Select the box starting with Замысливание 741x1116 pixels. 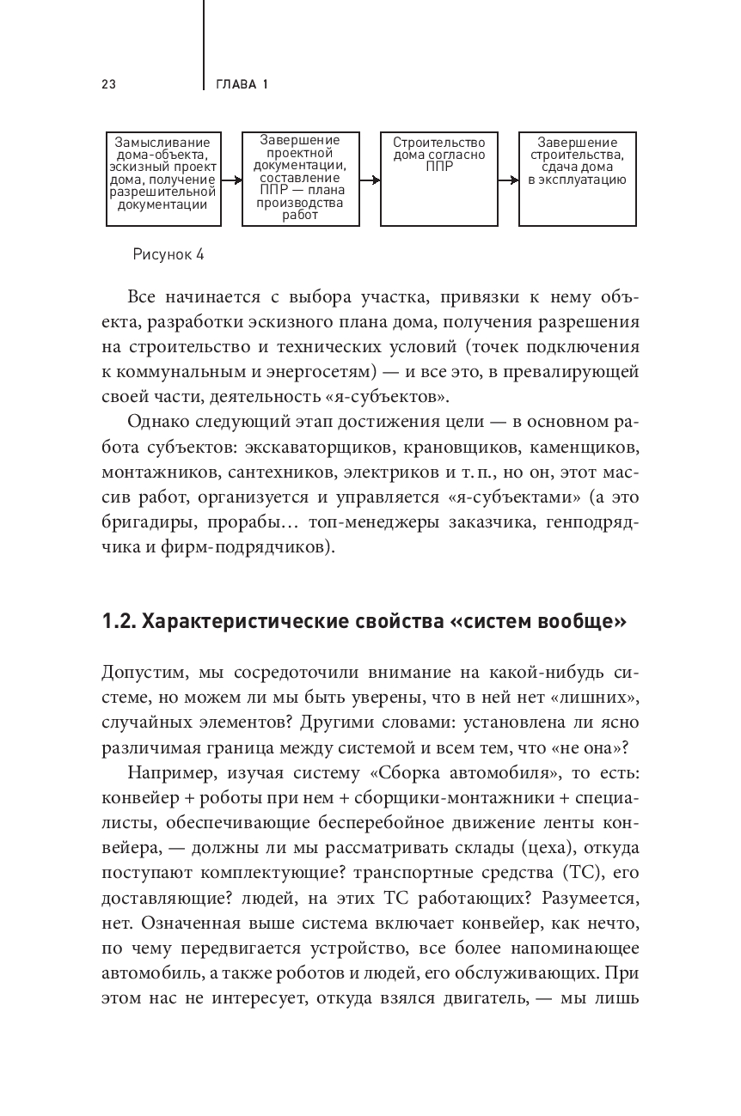point(163,179)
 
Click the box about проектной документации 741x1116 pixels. point(300,179)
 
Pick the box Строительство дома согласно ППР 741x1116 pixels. point(438,179)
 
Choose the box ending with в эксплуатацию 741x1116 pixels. point(577,179)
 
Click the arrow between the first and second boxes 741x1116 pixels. point(231,180)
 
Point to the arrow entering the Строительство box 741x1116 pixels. point(370,180)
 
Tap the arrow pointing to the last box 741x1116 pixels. point(508,180)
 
